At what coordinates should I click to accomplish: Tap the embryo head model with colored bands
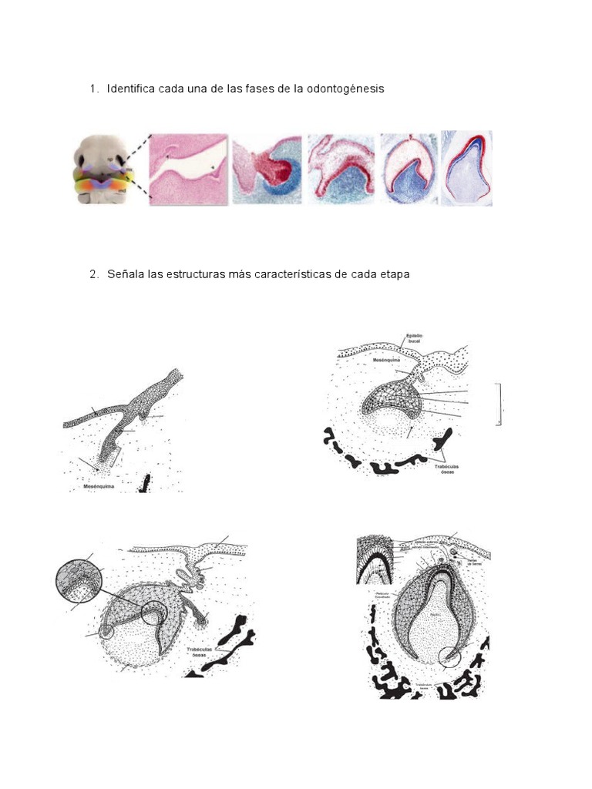pos(102,169)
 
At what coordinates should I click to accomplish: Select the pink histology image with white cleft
pos(189,168)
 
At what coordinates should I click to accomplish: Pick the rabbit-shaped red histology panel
pos(341,168)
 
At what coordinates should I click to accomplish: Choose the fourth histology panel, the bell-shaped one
pos(408,168)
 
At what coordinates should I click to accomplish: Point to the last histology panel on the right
pos(466,168)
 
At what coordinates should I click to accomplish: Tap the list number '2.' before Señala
pos(94,274)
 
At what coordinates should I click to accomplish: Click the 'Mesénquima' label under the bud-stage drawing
pos(101,487)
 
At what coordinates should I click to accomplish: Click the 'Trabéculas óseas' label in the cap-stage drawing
pos(442,468)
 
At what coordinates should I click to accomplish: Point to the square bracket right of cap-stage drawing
pos(502,403)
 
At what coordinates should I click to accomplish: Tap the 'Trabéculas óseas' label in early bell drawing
pos(203,653)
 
